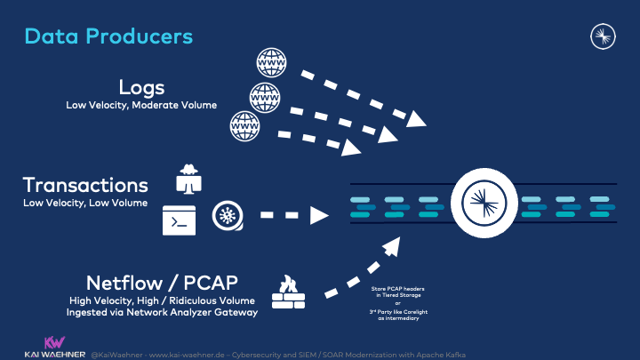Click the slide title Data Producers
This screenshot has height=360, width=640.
[x=108, y=36]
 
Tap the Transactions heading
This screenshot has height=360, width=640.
[x=85, y=185]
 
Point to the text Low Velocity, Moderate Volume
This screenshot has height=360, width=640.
[x=141, y=105]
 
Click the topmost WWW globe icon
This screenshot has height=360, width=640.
[x=271, y=61]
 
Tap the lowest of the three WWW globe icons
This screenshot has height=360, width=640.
[x=244, y=125]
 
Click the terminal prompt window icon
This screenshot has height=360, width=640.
[x=179, y=219]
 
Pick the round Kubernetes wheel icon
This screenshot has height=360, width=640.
[x=227, y=216]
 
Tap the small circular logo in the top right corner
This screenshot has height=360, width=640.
[x=604, y=36]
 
